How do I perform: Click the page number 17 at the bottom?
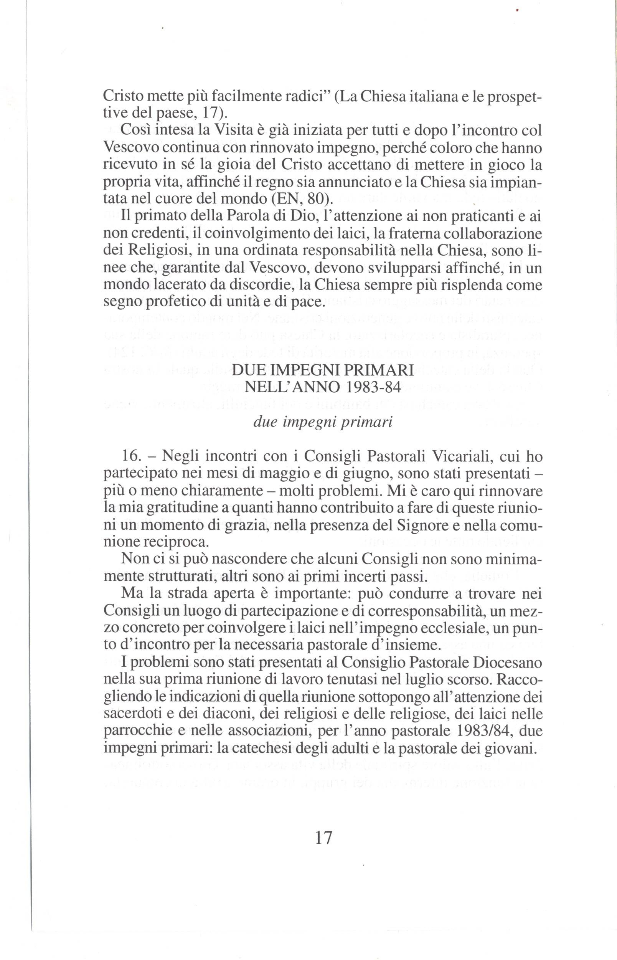(324, 838)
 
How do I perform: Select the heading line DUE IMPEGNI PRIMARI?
(323, 370)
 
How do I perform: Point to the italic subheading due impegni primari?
(323, 423)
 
